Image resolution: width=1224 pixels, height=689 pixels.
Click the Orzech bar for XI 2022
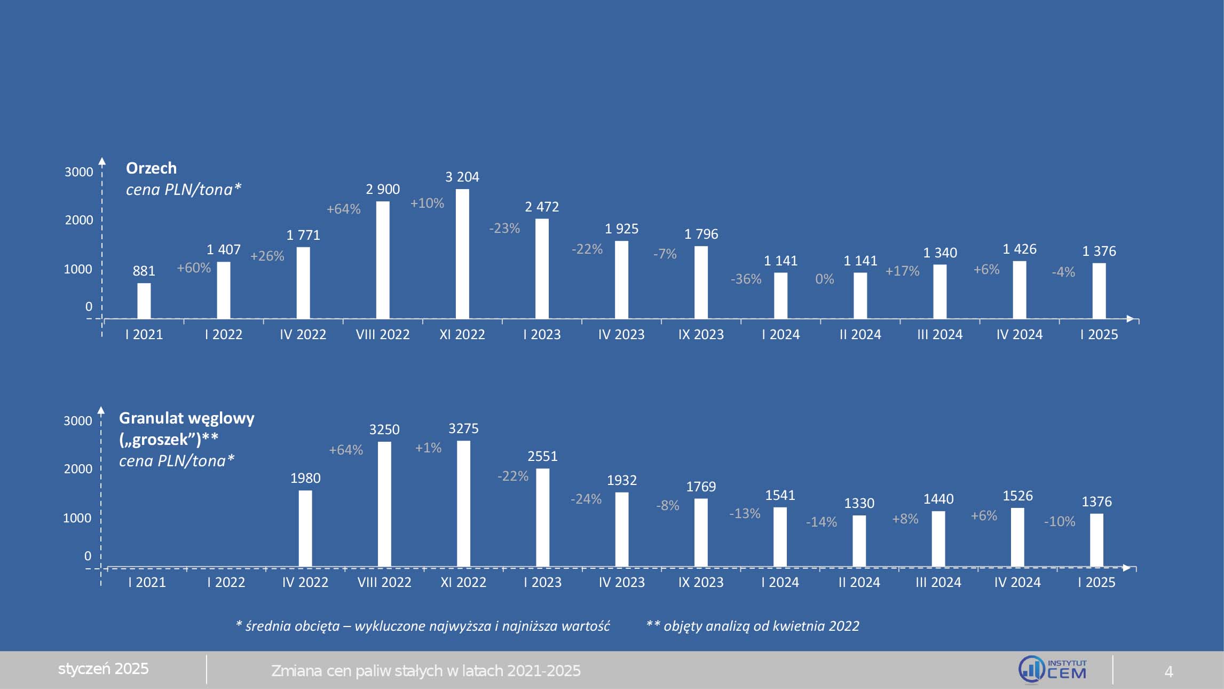pos(462,254)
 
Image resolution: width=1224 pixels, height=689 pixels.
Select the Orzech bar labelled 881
pos(144,301)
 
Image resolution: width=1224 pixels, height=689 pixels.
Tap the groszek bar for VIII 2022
pos(384,504)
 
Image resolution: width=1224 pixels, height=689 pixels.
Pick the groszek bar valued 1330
pos(859,541)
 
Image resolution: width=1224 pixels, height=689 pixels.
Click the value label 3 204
pos(462,177)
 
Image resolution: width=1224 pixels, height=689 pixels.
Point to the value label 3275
pos(463,428)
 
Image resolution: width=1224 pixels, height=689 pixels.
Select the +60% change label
pos(194,268)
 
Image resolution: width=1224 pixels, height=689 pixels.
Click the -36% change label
pos(746,279)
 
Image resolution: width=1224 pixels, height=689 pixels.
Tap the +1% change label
pos(428,448)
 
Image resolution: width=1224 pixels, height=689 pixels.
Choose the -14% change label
pos(821,522)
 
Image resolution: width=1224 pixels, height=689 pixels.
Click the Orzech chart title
pos(151,168)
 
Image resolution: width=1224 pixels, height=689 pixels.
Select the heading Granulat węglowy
pos(186,418)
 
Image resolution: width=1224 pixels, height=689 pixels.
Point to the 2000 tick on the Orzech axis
pos(79,220)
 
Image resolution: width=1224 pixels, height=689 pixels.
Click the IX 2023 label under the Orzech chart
pos(701,334)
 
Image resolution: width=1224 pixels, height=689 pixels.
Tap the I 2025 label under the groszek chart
pos(1096,582)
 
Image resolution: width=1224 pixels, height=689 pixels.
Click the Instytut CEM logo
pos(1052,670)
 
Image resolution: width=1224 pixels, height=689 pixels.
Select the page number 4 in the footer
pos(1168,671)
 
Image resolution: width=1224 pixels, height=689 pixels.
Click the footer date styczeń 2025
pos(103,669)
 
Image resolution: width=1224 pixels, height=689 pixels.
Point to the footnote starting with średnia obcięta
pos(423,626)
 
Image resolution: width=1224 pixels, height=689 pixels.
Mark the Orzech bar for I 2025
pos(1099,291)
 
